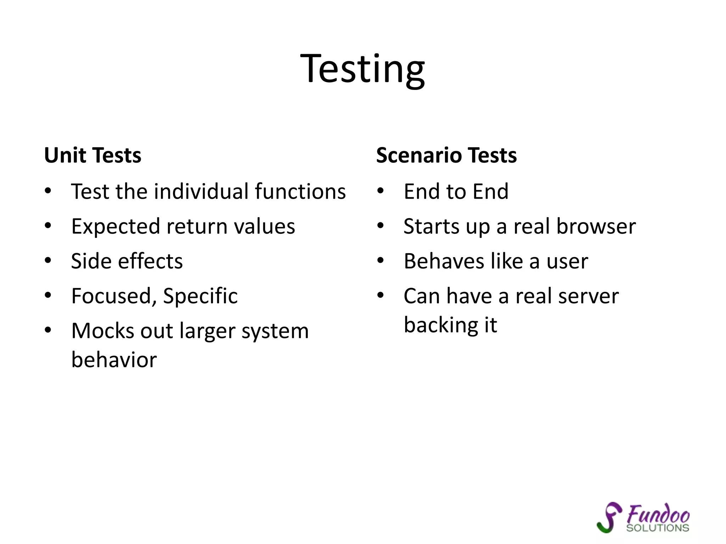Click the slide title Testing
point(362,69)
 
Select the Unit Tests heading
point(93,155)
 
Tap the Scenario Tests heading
point(446,155)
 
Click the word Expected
point(116,227)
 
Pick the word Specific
point(200,296)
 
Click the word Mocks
point(102,331)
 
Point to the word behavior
point(114,360)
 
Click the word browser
point(596,226)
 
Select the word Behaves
point(443,261)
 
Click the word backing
point(441,325)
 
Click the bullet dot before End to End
point(380,191)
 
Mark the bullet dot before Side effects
point(48,261)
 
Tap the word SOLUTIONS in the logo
point(658,528)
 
